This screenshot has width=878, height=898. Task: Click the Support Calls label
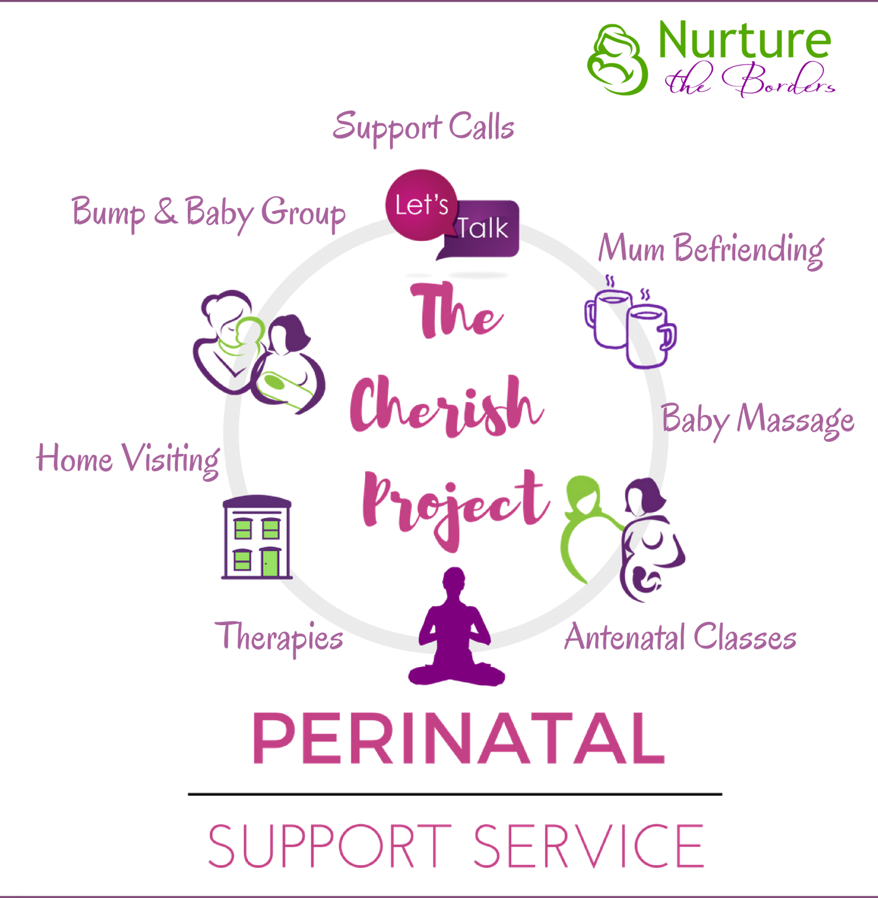click(423, 127)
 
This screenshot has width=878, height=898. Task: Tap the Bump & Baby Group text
click(209, 213)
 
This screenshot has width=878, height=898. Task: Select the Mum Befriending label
click(711, 248)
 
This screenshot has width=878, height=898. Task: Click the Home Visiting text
click(128, 459)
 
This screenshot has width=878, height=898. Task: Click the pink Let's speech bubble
click(421, 205)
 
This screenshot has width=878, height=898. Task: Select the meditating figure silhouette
click(455, 628)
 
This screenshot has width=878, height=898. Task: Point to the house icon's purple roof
click(257, 503)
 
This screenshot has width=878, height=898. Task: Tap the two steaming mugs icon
click(631, 325)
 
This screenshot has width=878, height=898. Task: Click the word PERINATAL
click(458, 739)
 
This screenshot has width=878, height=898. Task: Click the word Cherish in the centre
click(445, 408)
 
